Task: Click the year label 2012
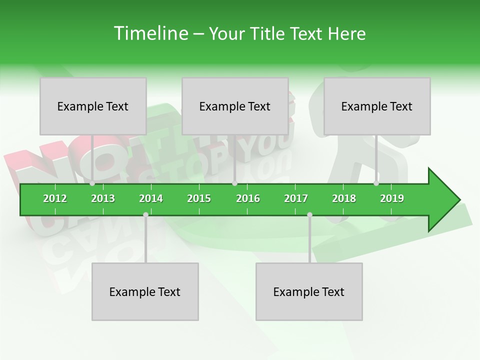55,198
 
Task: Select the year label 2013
103,198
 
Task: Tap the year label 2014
151,198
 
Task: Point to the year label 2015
199,198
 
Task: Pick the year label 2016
248,198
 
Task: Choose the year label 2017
296,198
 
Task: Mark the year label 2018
344,198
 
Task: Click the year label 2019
392,198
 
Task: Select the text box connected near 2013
93,106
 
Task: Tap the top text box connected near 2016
235,106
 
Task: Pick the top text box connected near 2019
377,106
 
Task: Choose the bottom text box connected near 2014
145,291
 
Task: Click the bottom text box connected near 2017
309,291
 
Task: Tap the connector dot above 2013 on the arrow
92,183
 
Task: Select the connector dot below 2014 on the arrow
145,215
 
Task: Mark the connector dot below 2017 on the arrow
309,215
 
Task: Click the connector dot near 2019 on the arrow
376,183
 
